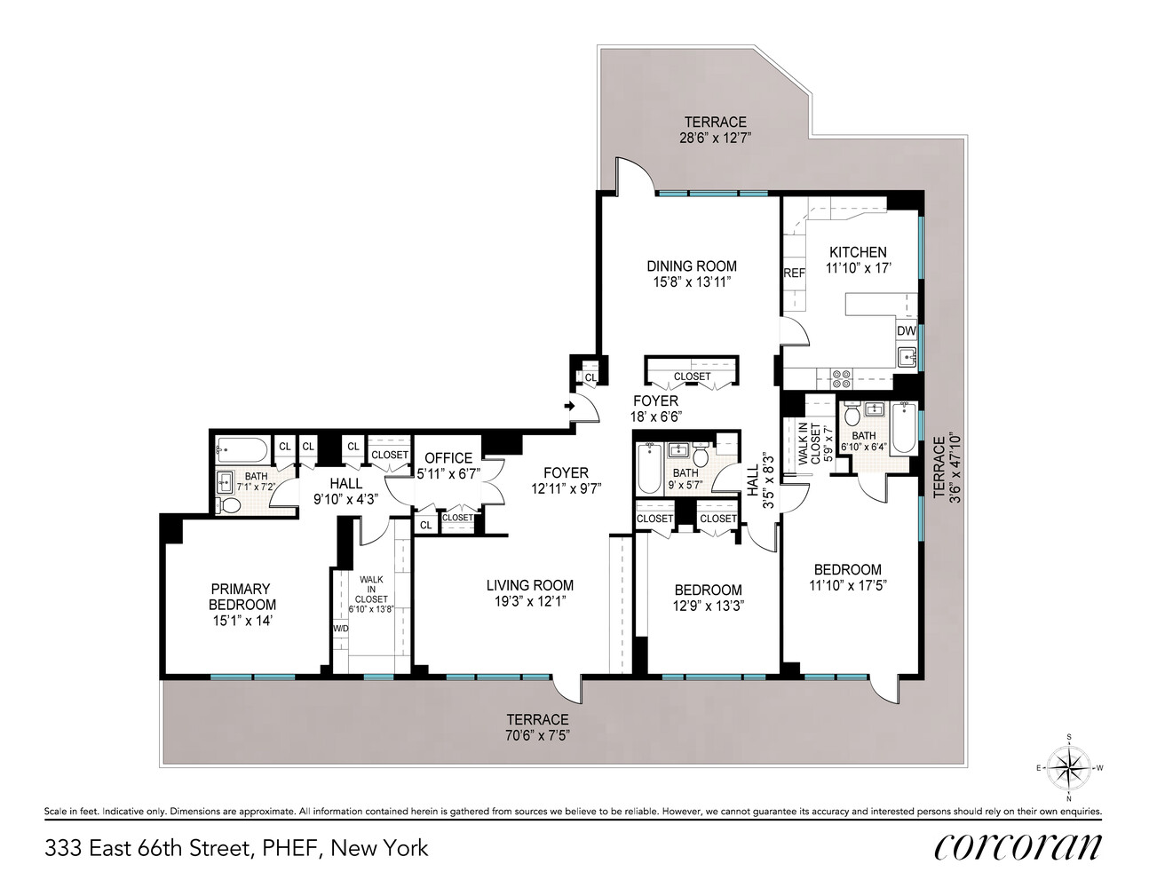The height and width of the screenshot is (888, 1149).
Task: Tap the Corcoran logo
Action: click(x=1018, y=847)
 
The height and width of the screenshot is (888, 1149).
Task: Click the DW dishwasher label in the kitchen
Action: click(x=906, y=330)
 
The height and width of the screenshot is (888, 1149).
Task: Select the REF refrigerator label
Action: click(x=793, y=273)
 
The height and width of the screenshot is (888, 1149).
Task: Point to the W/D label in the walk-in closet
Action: click(x=340, y=629)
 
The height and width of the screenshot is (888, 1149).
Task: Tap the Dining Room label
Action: click(x=691, y=266)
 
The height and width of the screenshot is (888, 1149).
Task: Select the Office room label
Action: click(x=448, y=458)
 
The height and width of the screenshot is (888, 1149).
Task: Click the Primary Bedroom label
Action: click(x=240, y=596)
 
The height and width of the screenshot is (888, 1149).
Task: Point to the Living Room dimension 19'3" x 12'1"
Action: click(x=530, y=602)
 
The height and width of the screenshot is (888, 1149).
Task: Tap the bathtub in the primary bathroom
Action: click(x=242, y=450)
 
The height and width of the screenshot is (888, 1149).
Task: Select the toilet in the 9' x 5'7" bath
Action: click(x=701, y=456)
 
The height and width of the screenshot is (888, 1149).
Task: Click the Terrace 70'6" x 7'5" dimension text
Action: click(x=537, y=735)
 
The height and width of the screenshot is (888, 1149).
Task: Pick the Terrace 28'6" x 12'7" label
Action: click(x=715, y=138)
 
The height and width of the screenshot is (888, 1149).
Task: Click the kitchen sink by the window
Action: click(x=907, y=357)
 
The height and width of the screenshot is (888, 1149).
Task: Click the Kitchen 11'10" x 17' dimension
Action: click(x=858, y=267)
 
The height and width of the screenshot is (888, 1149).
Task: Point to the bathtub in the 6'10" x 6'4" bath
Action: click(x=902, y=427)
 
